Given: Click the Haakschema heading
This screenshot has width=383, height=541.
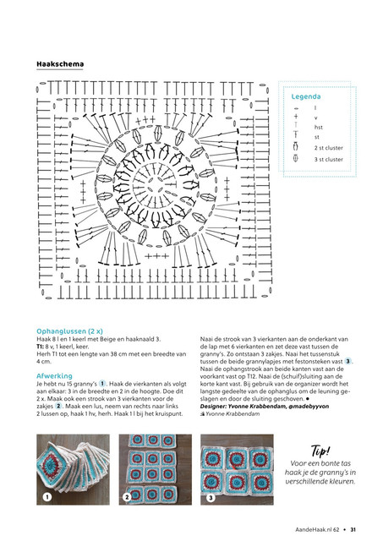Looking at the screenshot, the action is click(60, 64).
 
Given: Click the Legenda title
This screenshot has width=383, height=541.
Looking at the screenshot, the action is click(306, 96).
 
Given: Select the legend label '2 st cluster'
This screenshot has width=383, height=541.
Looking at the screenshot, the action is click(329, 148).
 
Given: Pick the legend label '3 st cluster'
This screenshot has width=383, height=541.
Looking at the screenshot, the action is click(329, 160).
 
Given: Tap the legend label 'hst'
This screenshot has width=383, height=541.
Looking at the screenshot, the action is click(318, 128).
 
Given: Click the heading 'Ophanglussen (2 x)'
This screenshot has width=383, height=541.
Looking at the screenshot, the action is click(69, 331).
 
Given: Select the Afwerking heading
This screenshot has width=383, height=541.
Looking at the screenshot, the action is click(54, 375).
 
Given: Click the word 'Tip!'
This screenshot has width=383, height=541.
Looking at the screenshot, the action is click(320, 451).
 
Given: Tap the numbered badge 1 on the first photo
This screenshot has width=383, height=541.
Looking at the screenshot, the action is click(47, 497).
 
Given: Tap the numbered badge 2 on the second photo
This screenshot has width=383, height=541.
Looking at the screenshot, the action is click(127, 497).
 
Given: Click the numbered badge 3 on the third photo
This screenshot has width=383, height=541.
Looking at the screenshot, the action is click(211, 498).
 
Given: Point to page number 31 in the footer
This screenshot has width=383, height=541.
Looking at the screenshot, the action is click(353, 529).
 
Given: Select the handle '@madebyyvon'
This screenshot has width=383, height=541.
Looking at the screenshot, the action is click(309, 406).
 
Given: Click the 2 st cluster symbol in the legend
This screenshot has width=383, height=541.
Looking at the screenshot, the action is click(296, 147).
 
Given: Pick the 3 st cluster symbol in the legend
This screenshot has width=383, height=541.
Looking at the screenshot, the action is click(296, 158).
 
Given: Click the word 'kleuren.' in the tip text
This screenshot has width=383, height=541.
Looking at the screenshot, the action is click(342, 481).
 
